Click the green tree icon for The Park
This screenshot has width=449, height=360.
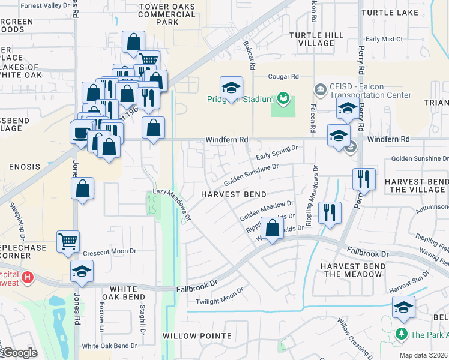(400, 334)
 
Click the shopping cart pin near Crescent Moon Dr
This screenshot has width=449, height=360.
(68, 241)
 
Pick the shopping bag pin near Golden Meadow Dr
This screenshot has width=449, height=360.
(273, 229)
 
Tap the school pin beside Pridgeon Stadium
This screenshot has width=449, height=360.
(231, 88)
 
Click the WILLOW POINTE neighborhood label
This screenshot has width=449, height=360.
(188, 335)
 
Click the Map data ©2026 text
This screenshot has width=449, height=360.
(423, 355)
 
